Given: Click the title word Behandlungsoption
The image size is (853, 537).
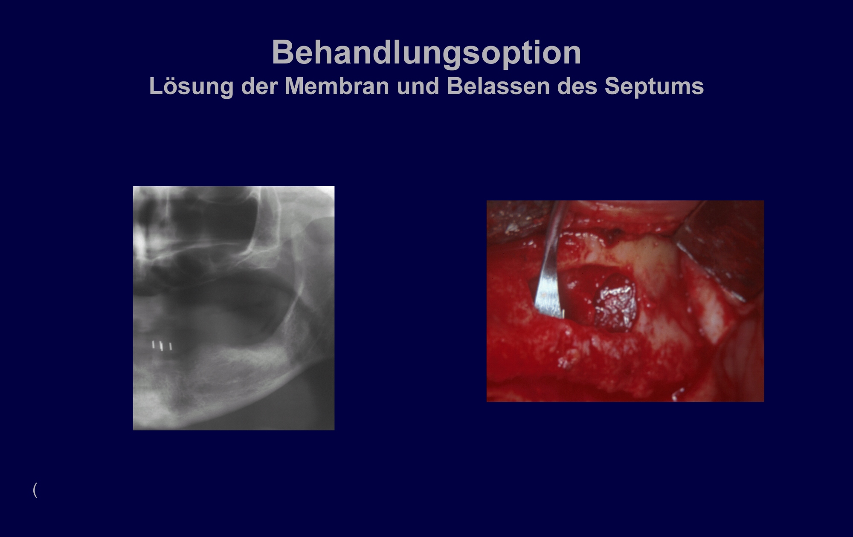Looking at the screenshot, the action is [x=426, y=53].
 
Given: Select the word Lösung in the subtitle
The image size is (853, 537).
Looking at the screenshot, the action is [x=191, y=86].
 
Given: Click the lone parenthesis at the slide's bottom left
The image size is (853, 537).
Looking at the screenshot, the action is [x=35, y=490].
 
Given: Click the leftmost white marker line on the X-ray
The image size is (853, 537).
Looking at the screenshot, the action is [x=154, y=344].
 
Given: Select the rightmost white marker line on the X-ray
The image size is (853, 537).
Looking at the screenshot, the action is [x=171, y=346].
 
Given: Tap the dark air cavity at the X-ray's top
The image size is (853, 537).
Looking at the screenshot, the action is [x=200, y=217].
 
